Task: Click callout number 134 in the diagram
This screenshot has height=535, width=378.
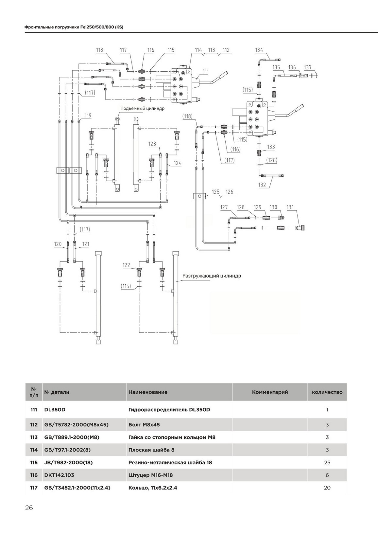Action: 259,50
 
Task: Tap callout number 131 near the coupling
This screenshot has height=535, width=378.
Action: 290,207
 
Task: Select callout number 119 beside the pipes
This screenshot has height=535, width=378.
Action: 88,116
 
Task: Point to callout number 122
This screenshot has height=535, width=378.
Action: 126,265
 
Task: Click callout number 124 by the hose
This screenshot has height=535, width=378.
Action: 178,163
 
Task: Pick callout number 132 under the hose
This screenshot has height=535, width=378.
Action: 262,185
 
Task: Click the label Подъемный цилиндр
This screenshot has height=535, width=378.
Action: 143,108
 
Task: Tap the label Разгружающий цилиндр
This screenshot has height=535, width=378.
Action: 212,276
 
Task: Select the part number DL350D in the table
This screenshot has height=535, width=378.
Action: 55,410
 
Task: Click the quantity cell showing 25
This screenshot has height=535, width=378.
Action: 327,462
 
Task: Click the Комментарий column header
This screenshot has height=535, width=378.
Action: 270,392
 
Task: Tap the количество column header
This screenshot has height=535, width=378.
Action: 327,392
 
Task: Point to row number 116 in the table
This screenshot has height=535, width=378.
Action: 34,475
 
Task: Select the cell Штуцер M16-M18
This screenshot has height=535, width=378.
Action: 151,475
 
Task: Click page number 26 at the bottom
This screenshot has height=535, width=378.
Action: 29,508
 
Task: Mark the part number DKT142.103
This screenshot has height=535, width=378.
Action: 59,475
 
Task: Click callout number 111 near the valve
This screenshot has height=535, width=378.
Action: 205,71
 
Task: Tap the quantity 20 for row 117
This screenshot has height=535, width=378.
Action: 327,488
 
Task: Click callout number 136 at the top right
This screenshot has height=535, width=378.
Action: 292,67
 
